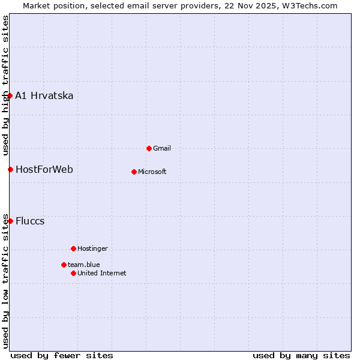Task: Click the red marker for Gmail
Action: [149, 148]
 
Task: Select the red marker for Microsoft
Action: [134, 172]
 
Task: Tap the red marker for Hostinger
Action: [73, 248]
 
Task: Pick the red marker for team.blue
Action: [64, 265]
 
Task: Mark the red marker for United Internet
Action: [73, 273]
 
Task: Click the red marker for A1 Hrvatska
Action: [10, 95]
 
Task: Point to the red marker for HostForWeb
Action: [10, 169]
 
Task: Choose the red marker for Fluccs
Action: [10, 221]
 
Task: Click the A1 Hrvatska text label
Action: [44, 96]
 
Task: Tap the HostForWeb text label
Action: [44, 170]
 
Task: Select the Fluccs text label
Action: [30, 221]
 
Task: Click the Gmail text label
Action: [162, 148]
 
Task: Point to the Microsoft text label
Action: [152, 172]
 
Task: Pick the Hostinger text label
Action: [92, 248]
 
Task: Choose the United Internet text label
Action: [102, 273]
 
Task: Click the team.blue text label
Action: [84, 265]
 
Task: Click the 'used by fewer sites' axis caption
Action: [62, 355]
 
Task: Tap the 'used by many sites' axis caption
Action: [301, 355]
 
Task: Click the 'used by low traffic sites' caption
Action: [5, 280]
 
